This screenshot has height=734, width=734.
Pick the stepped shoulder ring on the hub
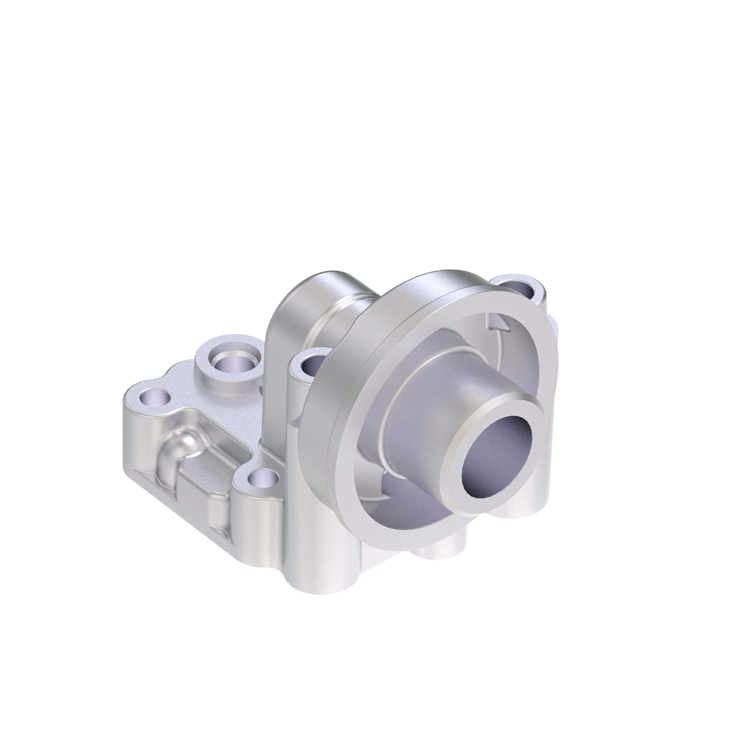tap(404, 391)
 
